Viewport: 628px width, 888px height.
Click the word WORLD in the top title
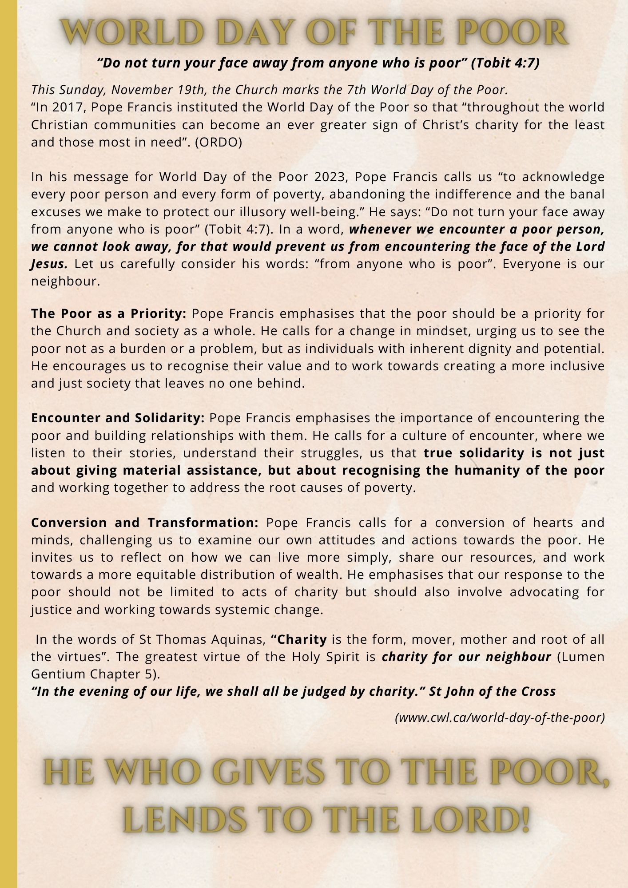pyautogui.click(x=120, y=32)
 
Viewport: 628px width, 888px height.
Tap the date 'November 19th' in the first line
pyautogui.click(x=160, y=90)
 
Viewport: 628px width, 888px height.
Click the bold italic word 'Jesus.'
pyautogui.click(x=49, y=264)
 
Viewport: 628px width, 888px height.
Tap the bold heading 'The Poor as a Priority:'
pyautogui.click(x=108, y=314)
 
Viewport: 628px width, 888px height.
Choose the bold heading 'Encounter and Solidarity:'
pyautogui.click(x=118, y=418)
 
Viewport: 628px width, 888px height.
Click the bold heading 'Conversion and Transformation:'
pyautogui.click(x=144, y=523)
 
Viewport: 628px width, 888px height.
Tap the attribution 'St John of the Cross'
pyautogui.click(x=493, y=692)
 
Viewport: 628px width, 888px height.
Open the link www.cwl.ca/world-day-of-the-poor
pyautogui.click(x=500, y=718)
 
